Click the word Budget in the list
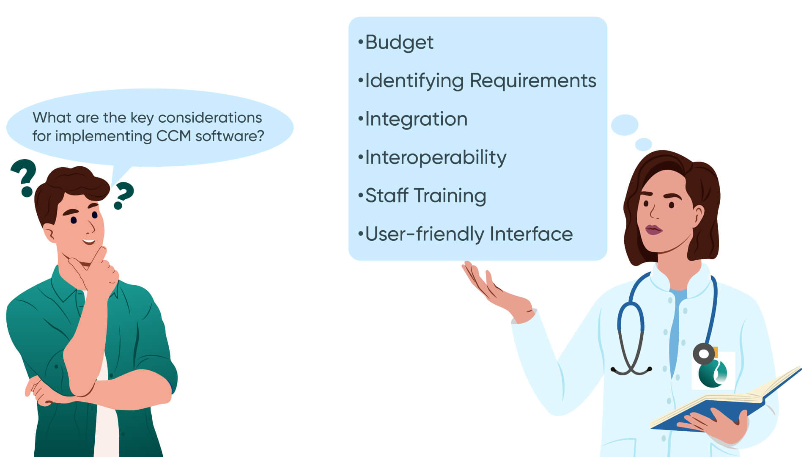pos(399,42)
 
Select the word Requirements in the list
pos(533,81)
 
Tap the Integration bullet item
pos(416,119)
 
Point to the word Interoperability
pos(435,158)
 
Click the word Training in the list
pos(450,196)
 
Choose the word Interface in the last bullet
pos(531,234)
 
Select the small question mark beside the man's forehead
pos(123,195)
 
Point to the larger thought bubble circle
pos(624,125)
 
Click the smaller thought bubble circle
pos(643,144)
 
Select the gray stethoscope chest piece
pos(704,354)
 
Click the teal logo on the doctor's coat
pos(712,373)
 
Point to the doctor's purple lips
pos(653,230)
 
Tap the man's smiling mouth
pos(89,242)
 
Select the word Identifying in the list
pos(414,81)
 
